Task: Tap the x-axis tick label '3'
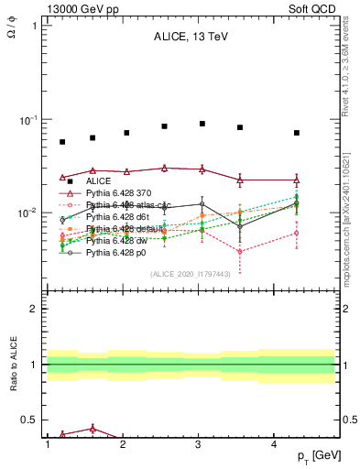199,444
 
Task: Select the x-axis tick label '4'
275,444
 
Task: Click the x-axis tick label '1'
47,444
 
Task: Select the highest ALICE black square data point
202,124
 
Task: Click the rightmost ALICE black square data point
297,133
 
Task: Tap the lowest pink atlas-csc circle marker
240,252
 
